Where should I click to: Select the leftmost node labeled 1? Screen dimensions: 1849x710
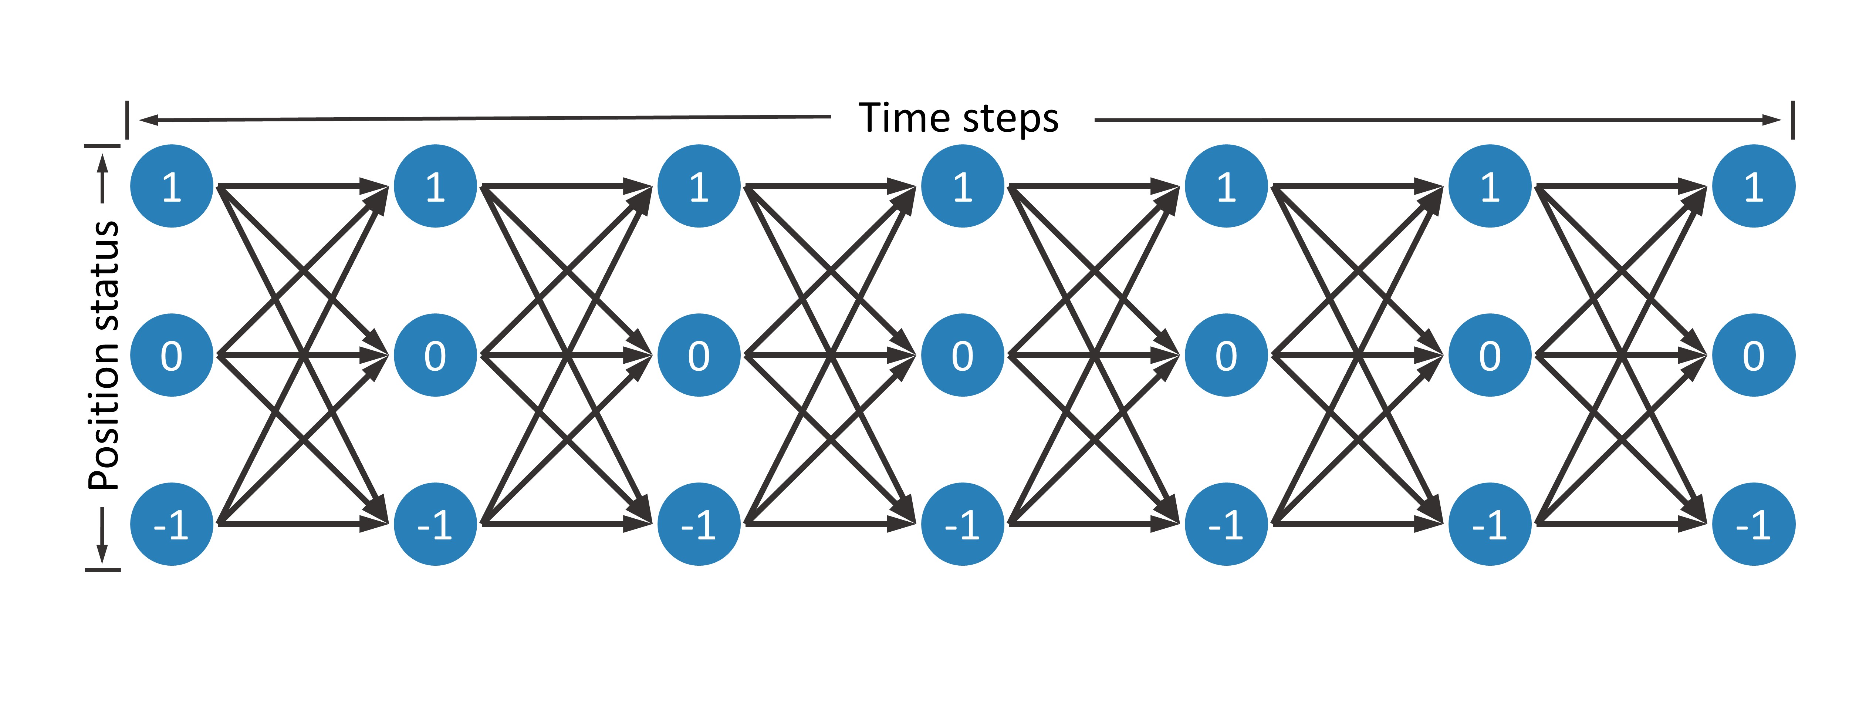(172, 186)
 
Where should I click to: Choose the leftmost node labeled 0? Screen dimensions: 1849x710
(172, 355)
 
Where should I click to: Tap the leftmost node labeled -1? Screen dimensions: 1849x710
(172, 524)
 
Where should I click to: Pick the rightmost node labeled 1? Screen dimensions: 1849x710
(1754, 186)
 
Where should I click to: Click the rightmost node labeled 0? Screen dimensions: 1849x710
(1754, 355)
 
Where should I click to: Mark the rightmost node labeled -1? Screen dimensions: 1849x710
(1754, 524)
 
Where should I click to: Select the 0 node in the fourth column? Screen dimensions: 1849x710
(963, 355)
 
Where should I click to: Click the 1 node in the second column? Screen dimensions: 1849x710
(435, 186)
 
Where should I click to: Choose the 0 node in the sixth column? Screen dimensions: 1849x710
(1490, 355)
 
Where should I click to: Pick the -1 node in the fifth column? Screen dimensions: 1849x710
(1226, 524)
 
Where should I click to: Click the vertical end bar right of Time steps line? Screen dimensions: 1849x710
(1793, 120)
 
